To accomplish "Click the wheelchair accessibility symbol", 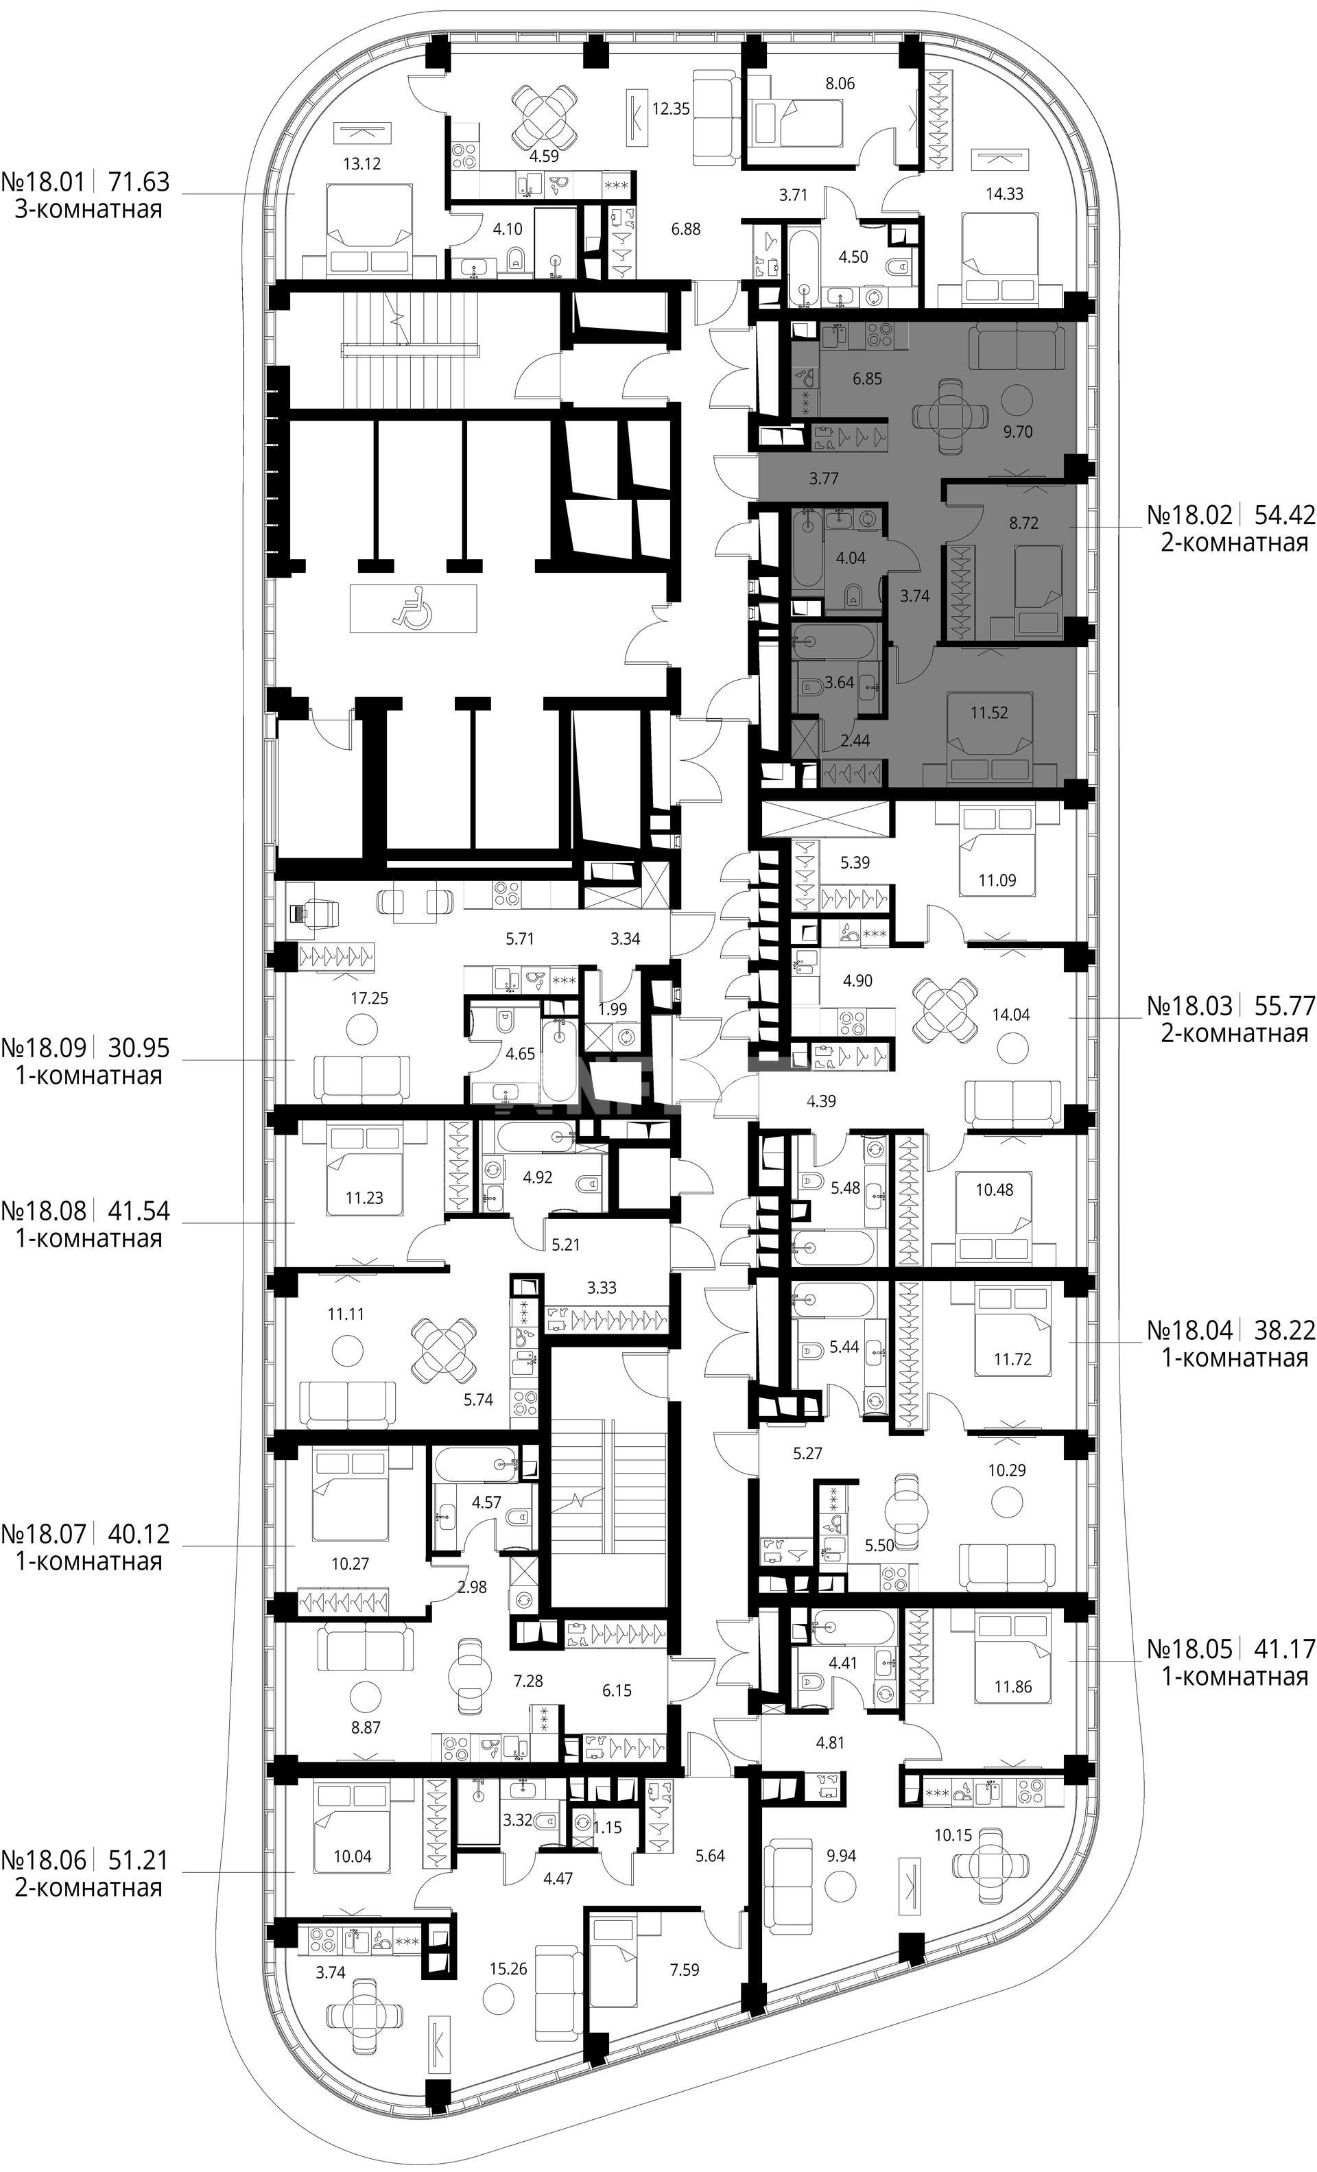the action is [412, 609].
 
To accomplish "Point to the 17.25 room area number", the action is [368, 999].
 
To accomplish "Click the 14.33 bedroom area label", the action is [1004, 194].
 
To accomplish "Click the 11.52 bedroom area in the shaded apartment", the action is [989, 713].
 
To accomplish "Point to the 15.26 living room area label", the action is [510, 1937].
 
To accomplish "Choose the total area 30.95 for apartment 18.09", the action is [139, 1048].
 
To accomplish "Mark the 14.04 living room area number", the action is [1010, 1015].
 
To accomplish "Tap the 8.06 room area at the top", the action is [839, 84].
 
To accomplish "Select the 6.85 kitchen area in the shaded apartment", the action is [866, 379].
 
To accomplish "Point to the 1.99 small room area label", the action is [613, 1009].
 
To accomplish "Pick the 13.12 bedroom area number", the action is [362, 163].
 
